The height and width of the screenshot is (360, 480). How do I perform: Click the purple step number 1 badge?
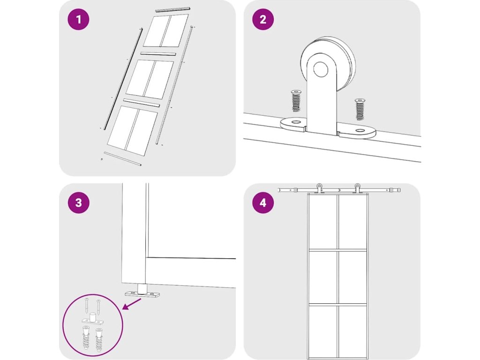[79, 19]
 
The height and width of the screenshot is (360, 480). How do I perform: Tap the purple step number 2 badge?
[263, 19]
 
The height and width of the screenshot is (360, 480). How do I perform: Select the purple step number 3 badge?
[79, 202]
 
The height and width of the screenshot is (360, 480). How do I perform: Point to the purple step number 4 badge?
[263, 202]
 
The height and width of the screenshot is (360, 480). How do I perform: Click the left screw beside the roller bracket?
[296, 101]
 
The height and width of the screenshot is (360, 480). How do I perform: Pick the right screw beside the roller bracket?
[360, 109]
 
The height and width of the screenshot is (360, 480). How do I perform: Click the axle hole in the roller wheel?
[321, 69]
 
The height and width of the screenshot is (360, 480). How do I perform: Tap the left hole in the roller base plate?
[296, 122]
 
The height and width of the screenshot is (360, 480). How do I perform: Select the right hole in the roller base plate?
[360, 131]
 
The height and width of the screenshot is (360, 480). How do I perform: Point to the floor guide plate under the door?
[142, 293]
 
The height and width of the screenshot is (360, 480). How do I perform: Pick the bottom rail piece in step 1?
[123, 158]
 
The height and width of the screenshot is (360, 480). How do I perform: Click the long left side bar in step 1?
[123, 79]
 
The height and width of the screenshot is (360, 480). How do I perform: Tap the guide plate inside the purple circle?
[93, 321]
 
